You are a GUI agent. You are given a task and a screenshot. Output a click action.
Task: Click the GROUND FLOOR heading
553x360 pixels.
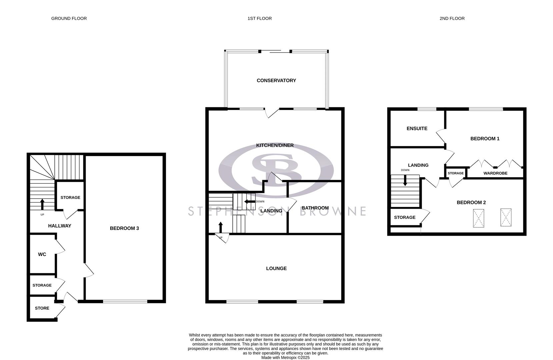69,18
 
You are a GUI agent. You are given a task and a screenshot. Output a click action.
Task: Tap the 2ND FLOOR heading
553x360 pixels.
452,18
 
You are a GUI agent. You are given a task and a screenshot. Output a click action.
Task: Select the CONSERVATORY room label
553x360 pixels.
276,80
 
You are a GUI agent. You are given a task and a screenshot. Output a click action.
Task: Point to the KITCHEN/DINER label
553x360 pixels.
275,145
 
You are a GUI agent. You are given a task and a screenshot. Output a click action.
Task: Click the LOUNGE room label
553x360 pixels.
276,268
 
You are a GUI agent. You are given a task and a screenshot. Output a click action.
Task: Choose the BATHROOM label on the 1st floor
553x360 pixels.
315,208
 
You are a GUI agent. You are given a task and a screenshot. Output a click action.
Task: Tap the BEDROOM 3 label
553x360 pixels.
124,228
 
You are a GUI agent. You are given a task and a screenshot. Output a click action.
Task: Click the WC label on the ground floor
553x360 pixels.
42,254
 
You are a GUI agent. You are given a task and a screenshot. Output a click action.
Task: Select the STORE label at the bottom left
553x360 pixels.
42,308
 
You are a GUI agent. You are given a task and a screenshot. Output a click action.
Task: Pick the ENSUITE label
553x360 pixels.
417,128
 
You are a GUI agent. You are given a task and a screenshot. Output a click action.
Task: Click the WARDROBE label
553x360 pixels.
495,173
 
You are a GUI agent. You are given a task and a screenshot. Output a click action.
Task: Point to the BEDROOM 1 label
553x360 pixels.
485,139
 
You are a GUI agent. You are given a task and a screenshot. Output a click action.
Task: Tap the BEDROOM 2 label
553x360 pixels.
471,202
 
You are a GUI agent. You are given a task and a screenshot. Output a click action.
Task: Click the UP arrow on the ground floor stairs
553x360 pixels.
42,204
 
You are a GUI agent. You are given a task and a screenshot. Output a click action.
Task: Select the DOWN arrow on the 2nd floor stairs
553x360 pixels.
405,181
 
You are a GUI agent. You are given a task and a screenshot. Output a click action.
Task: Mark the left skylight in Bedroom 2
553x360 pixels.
478,218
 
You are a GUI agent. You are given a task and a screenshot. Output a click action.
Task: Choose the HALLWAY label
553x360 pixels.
60,226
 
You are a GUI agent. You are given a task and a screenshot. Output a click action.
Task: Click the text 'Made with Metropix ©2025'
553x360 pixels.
285,357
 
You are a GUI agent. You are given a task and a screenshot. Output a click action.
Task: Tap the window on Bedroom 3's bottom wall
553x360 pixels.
125,301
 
